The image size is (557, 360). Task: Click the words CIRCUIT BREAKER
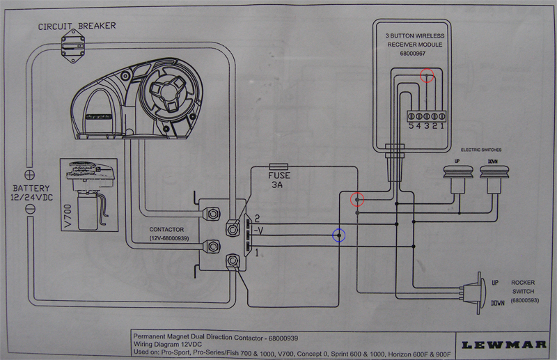77,26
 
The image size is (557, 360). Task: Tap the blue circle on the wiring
339,236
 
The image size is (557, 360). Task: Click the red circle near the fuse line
357,200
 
